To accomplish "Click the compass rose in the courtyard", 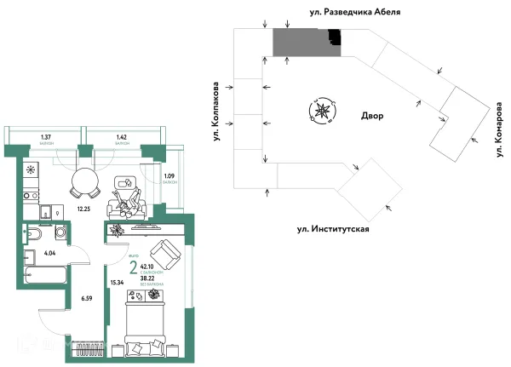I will (x=323, y=110).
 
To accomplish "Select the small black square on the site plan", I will (x=336, y=37).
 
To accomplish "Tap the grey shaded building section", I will (x=302, y=42).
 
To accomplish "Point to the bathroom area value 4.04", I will (x=49, y=253).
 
